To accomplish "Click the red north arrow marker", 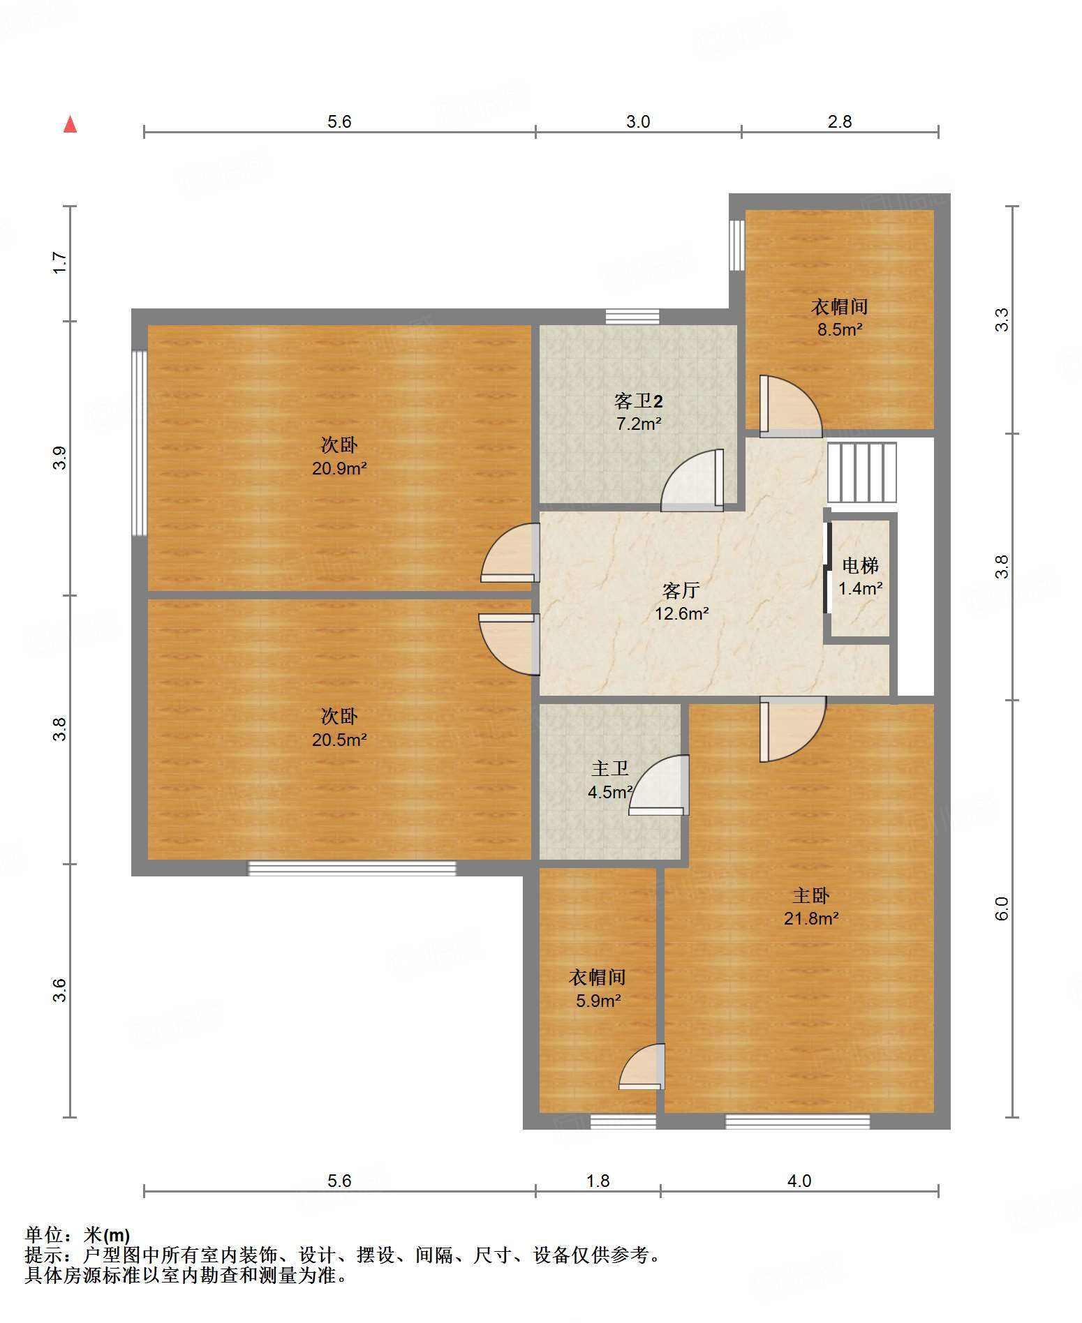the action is tap(70, 124).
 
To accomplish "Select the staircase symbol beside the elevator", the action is tap(862, 472).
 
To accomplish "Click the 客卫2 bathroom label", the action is tap(638, 401).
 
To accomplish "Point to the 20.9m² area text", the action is tap(339, 468).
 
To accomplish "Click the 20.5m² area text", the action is tap(339, 740).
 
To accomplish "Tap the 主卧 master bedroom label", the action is tap(810, 895).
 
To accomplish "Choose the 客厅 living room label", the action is tap(681, 590).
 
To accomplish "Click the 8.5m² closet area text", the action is tap(840, 329).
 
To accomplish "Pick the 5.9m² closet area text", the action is tap(598, 1001).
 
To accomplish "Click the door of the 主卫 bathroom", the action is tap(658, 785).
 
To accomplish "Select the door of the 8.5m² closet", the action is tap(791, 407).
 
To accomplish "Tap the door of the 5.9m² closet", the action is tap(642, 1066).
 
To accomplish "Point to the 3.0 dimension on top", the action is tap(638, 122).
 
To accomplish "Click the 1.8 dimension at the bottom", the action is tap(598, 1181).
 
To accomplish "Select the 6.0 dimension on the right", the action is tap(1002, 909).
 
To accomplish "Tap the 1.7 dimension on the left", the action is tap(60, 263).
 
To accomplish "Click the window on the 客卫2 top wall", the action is tap(632, 316).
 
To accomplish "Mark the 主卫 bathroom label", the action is tap(609, 768).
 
